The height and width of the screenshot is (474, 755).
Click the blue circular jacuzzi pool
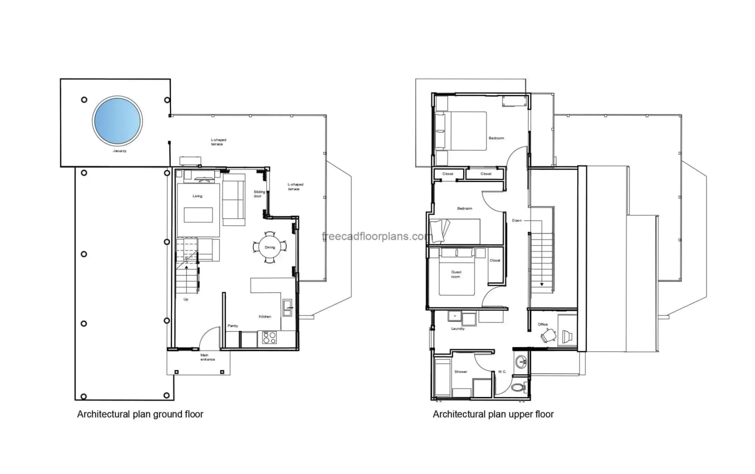[117, 120]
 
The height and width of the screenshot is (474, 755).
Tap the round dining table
[270, 247]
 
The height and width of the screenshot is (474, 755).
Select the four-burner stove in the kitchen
[269, 338]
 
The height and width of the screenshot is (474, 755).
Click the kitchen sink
[287, 308]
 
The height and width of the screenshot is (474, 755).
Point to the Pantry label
[233, 326]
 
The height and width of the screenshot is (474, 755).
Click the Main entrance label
[208, 357]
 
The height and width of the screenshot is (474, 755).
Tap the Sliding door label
[259, 194]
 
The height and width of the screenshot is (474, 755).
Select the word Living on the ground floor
[197, 196]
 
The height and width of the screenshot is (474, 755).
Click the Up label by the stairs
[186, 299]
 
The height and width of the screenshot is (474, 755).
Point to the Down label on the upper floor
[517, 220]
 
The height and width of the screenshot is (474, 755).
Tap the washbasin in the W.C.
[521, 361]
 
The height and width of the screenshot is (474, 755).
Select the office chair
[548, 336]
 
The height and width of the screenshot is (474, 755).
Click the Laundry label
[458, 328]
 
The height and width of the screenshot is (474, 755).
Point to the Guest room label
[456, 274]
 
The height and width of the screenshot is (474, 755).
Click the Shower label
[461, 372]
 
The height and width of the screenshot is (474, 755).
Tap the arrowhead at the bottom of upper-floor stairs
[542, 284]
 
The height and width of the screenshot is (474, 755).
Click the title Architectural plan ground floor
[140, 414]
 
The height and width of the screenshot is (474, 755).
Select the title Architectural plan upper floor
[493, 414]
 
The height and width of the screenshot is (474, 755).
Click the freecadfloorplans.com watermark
[377, 236]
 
